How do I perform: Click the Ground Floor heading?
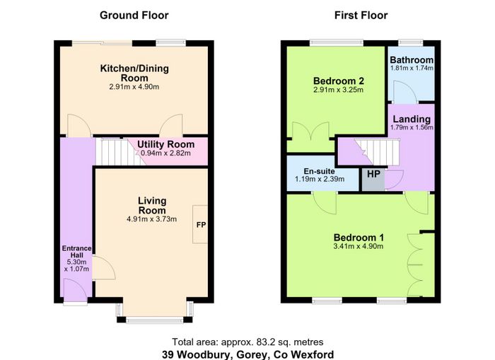pyautogui.click(x=134, y=15)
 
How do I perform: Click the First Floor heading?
pyautogui.click(x=361, y=15)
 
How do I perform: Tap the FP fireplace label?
pyautogui.click(x=201, y=224)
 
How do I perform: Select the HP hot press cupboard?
pyautogui.click(x=373, y=180)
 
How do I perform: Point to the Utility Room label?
pyautogui.click(x=165, y=144)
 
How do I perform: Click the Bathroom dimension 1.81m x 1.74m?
pyautogui.click(x=412, y=68)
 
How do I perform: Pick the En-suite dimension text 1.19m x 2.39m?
pyautogui.click(x=320, y=179)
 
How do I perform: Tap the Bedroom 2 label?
pyautogui.click(x=339, y=81)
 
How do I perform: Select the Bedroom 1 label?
pyautogui.click(x=359, y=238)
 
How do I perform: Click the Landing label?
pyautogui.click(x=412, y=119)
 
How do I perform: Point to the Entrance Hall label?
pyautogui.click(x=76, y=252)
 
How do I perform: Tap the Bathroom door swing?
pyautogui.click(x=405, y=91)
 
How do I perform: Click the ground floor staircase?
pyautogui.click(x=120, y=152)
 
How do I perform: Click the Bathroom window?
pyautogui.click(x=410, y=42)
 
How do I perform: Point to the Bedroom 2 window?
pyautogui.click(x=337, y=42)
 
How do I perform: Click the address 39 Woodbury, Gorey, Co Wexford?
pyautogui.click(x=248, y=354)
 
